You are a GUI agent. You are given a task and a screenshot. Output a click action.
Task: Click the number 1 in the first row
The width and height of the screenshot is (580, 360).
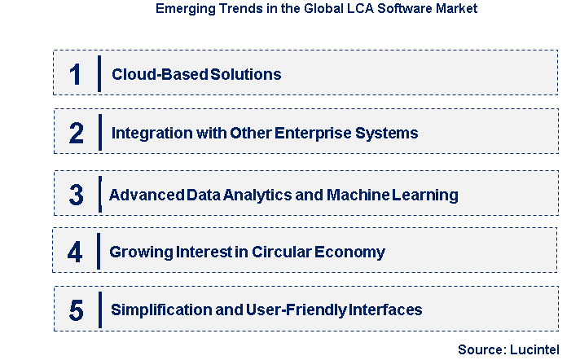point(75,74)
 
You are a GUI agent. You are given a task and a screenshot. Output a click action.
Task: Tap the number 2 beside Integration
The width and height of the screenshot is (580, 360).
point(76,133)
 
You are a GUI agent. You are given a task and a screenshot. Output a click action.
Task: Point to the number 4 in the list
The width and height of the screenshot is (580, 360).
point(75,252)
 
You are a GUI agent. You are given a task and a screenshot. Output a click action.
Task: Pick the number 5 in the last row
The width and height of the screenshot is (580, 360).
point(76,310)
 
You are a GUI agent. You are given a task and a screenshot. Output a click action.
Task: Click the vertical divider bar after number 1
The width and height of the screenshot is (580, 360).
point(99,74)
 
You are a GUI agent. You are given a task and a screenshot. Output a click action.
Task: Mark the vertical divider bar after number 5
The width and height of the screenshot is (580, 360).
point(99,310)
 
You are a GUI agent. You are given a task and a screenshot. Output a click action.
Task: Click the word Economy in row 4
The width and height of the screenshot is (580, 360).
point(350,252)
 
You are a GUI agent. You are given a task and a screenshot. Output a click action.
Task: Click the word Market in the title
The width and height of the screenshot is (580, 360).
point(456,11)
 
